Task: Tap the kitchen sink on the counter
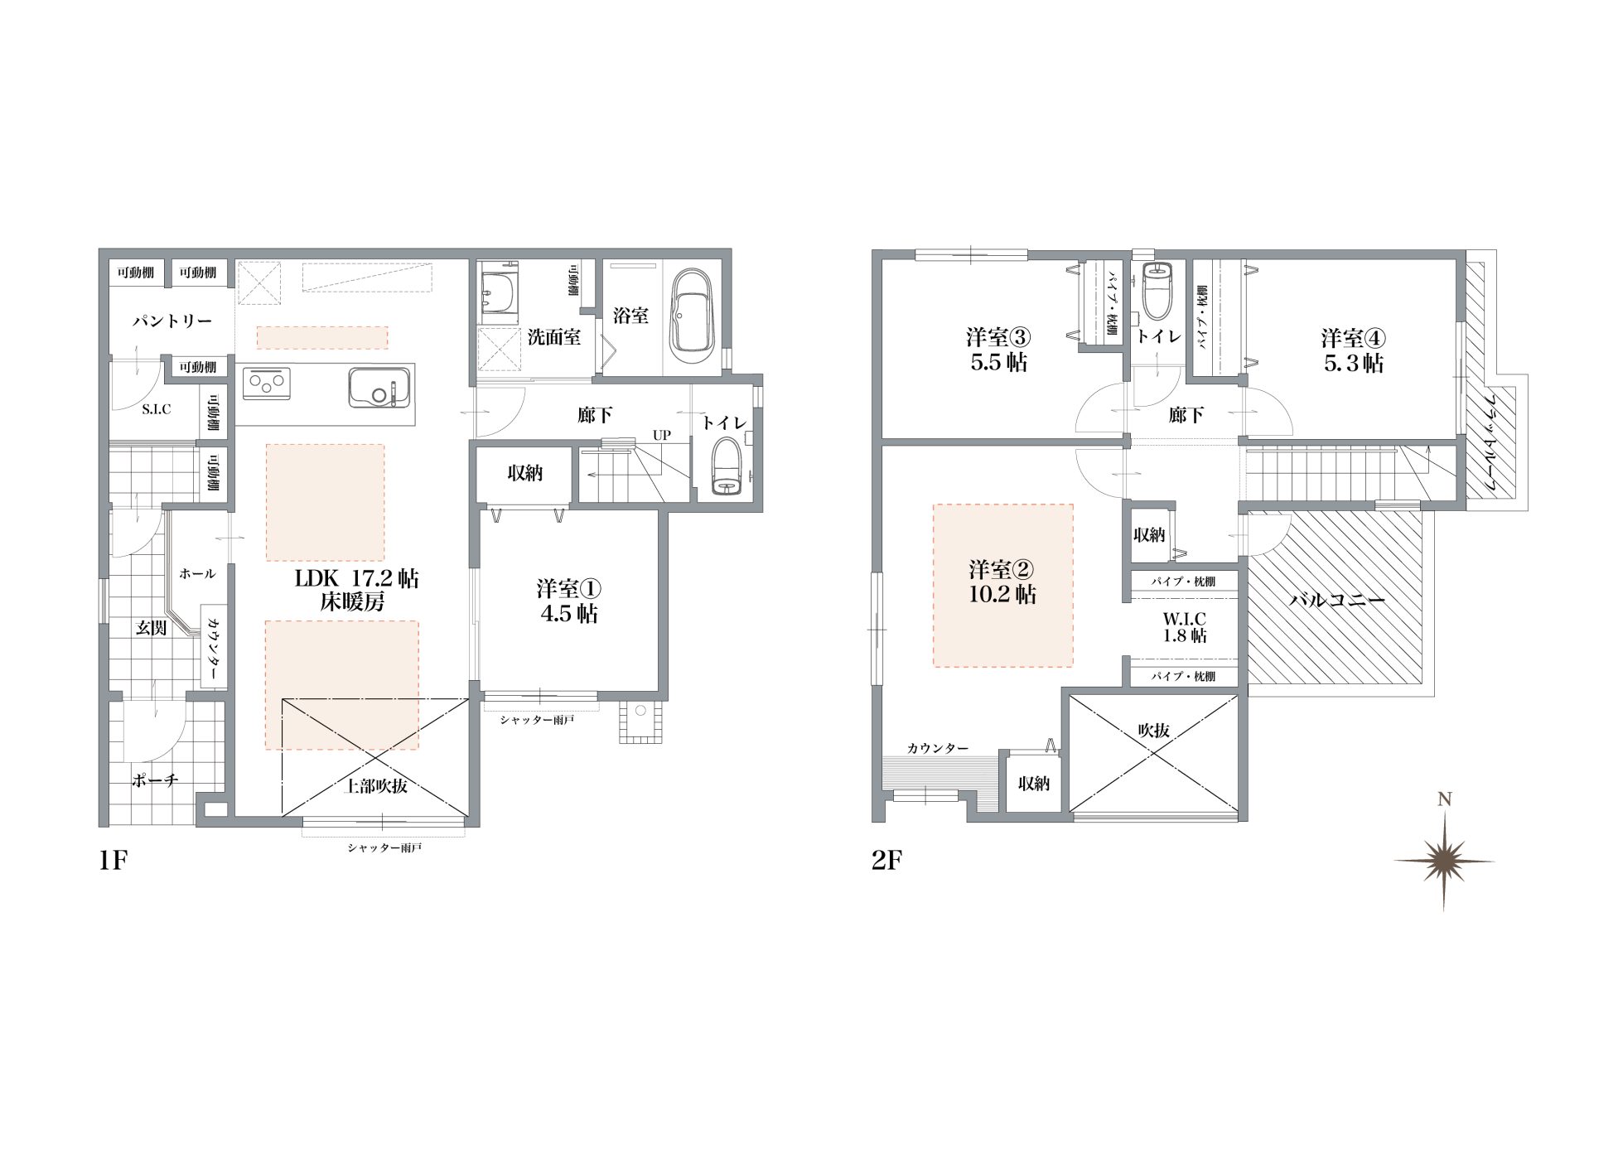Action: tap(379, 389)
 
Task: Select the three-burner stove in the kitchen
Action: tap(268, 385)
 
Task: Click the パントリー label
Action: tap(172, 321)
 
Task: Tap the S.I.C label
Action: tap(156, 409)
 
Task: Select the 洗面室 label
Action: tap(554, 337)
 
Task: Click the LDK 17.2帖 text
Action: tap(357, 578)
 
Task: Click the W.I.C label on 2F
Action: tap(1185, 618)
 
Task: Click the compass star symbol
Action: tap(1444, 861)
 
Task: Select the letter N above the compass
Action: tap(1444, 799)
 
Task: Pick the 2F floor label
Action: tap(886, 861)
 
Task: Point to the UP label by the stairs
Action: tap(661, 435)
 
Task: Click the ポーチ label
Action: tap(155, 780)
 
